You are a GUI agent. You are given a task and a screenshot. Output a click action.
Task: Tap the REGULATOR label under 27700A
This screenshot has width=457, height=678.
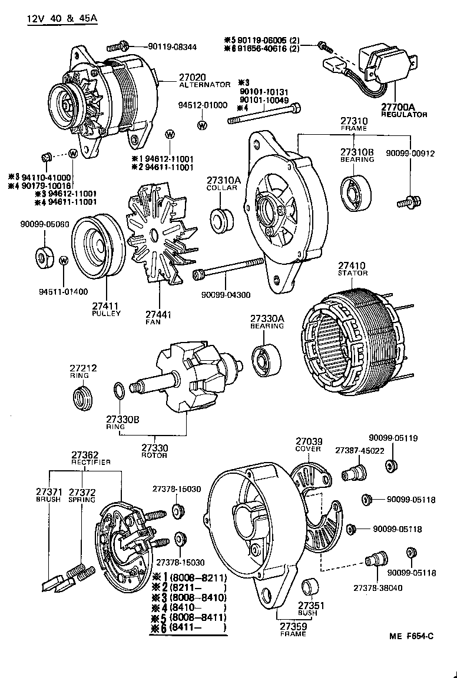click(x=404, y=115)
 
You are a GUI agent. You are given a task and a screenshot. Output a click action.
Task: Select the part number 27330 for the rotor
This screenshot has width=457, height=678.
click(x=154, y=447)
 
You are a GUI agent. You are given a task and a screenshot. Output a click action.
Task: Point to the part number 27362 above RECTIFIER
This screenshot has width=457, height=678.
click(x=85, y=455)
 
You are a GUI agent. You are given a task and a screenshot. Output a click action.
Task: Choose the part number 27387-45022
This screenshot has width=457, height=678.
click(x=359, y=450)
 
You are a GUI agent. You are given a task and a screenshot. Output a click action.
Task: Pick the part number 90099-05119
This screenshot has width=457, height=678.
click(x=393, y=438)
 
